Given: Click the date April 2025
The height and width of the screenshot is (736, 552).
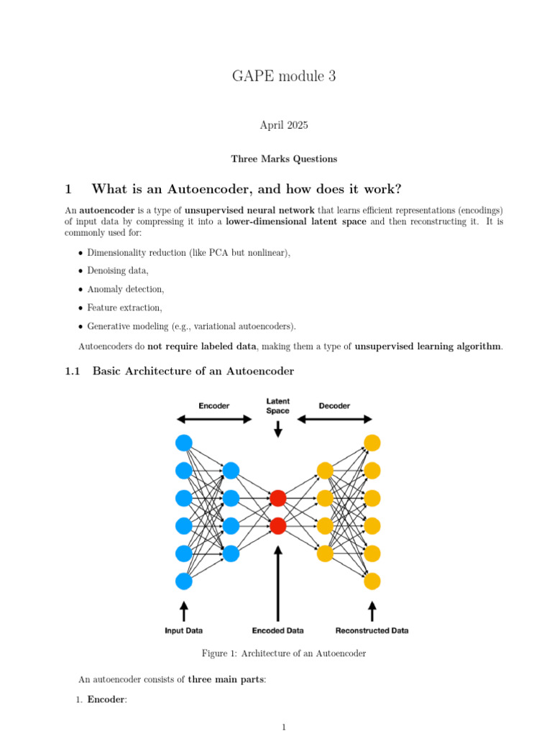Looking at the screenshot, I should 283,125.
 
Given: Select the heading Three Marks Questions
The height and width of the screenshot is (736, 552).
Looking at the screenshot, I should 283,159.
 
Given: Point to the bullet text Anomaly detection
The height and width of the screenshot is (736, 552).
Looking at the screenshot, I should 126,289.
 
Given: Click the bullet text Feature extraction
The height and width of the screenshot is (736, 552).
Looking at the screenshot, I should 125,308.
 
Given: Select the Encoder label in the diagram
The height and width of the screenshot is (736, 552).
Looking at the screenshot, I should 214,406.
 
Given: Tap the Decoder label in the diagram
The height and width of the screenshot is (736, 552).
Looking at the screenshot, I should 334,406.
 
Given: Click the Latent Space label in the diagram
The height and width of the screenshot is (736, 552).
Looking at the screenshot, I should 278,406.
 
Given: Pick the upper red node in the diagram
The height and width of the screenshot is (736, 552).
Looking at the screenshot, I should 278,497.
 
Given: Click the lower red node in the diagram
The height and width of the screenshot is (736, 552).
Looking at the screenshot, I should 278,525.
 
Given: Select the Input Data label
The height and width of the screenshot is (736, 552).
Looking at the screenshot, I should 184,630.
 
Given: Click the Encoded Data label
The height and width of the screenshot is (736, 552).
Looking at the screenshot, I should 278,630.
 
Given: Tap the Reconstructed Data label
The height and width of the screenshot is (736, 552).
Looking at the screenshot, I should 372,630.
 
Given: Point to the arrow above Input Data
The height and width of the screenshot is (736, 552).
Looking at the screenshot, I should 184,610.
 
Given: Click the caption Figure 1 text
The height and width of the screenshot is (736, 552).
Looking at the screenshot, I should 285,653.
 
